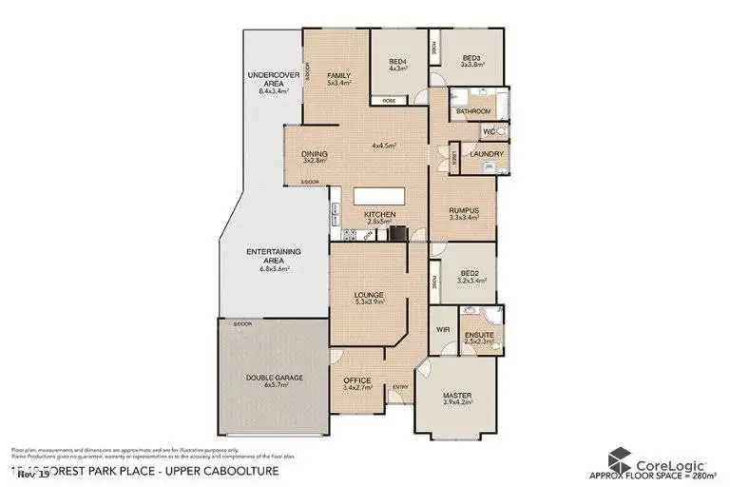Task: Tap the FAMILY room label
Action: pyautogui.click(x=339, y=75)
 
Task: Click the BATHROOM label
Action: pyautogui.click(x=472, y=111)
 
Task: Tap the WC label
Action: pyautogui.click(x=487, y=130)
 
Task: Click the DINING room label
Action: pyautogui.click(x=315, y=154)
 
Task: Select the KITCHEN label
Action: pyautogui.click(x=380, y=215)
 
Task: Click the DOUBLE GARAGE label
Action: pyautogui.click(x=274, y=378)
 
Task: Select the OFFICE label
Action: pyautogui.click(x=356, y=380)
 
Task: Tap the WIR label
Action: pyautogui.click(x=441, y=329)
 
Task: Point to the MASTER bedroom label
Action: pyautogui.click(x=457, y=395)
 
